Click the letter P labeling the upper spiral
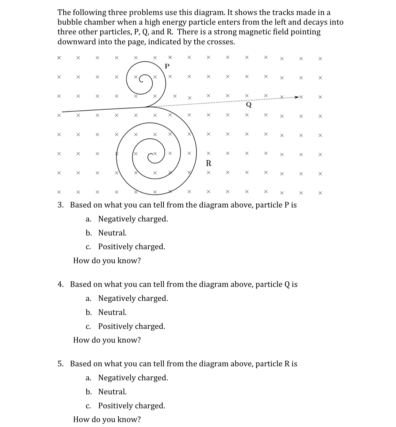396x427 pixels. tap(167, 66)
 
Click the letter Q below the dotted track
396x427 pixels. tap(249, 104)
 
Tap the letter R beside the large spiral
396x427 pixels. tap(209, 163)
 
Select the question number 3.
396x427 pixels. tap(60, 205)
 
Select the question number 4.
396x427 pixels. tap(60, 285)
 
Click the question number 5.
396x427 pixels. tap(60, 364)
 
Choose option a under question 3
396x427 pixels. tap(133, 219)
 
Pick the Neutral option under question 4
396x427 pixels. tap(112, 312)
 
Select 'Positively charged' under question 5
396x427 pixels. tap(132, 406)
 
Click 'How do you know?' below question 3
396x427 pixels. tap(107, 261)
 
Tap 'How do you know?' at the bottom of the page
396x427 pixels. tap(107, 419)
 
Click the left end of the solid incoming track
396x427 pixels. tap(63, 111)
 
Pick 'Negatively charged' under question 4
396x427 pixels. tap(133, 299)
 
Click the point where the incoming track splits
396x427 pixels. tap(147, 107)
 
